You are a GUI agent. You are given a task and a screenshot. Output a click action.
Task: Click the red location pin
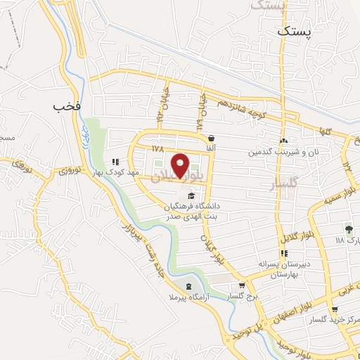[x=181, y=165]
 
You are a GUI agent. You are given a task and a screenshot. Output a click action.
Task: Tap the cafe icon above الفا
[x=210, y=138]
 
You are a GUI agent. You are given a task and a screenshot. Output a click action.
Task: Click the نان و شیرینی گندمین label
[x=283, y=151]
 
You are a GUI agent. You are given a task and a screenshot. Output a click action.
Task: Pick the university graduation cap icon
[x=192, y=195]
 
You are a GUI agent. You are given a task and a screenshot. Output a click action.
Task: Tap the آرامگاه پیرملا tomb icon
[x=188, y=286]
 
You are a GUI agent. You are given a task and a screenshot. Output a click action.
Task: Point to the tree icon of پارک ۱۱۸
[x=347, y=229]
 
